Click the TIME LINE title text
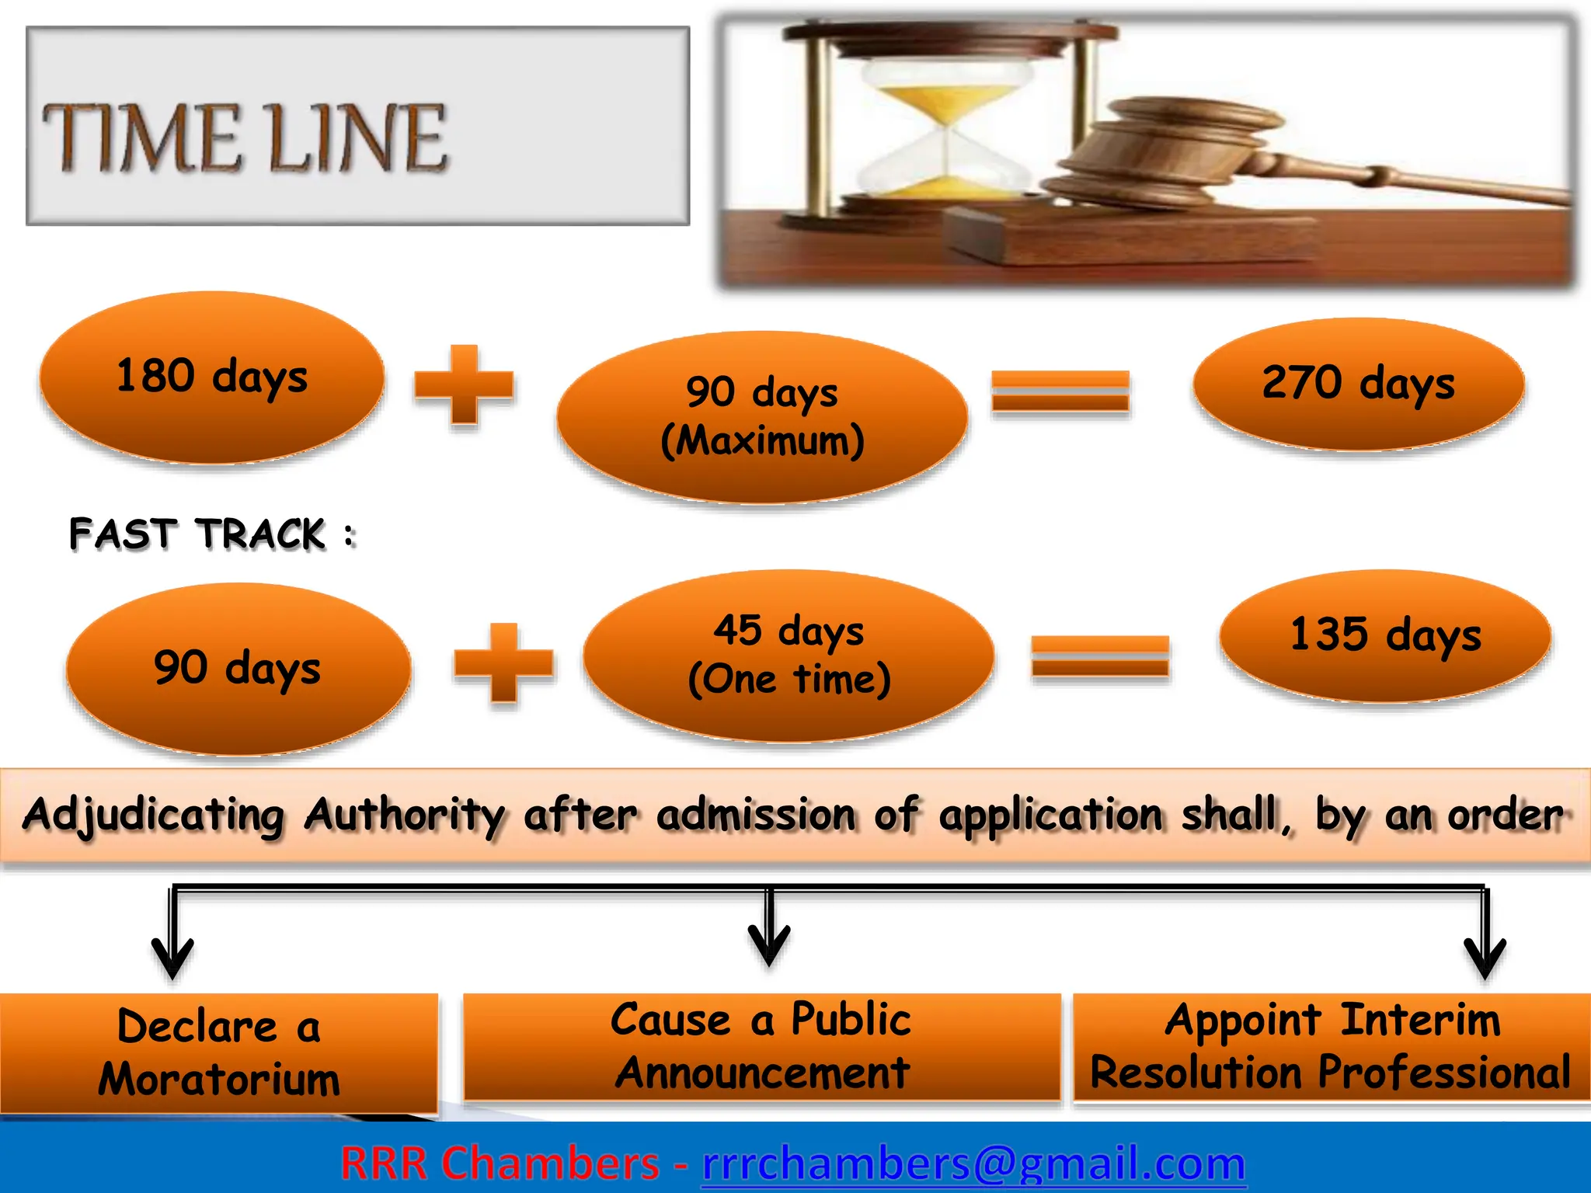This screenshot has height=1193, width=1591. [245, 138]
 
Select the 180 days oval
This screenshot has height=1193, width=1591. [212, 378]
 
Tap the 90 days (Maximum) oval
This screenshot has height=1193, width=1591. [762, 417]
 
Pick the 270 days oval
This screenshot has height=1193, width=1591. [1359, 384]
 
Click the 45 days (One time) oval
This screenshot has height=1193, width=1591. [789, 656]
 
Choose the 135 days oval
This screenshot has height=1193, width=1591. [1386, 636]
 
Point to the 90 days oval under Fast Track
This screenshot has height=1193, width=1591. [238, 669]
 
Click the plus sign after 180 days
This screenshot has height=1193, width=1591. [464, 385]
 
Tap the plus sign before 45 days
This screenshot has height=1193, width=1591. [504, 663]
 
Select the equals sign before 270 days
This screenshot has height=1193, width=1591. [1060, 391]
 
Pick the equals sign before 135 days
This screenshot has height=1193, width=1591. [1100, 656]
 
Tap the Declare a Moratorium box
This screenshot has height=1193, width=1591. [219, 1052]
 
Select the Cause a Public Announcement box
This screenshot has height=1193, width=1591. [762, 1046]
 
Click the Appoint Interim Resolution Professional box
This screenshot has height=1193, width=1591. [1332, 1046]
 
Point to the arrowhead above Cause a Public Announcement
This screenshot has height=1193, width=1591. [769, 944]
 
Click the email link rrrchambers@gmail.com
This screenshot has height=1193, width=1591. [973, 1163]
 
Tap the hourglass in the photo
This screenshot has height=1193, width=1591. [946, 124]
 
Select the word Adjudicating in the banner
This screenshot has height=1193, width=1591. [154, 816]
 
